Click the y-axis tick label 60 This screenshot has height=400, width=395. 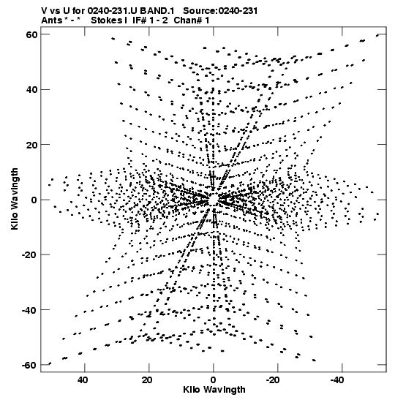[x=31, y=34]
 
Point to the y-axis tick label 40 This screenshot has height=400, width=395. [x=31, y=89]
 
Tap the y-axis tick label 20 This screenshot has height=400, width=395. [x=31, y=144]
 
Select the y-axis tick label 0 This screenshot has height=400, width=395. [x=34, y=200]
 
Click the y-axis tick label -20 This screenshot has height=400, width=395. [x=29, y=254]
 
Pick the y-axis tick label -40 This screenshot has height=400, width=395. [x=29, y=310]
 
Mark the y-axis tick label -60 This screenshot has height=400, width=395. [x=29, y=365]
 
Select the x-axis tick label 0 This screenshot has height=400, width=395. [x=214, y=380]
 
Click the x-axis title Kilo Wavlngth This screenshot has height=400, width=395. [x=214, y=390]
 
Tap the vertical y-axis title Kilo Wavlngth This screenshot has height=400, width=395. [x=15, y=199]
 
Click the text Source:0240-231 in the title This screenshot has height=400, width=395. [x=220, y=11]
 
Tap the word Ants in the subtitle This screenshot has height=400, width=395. [x=52, y=20]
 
